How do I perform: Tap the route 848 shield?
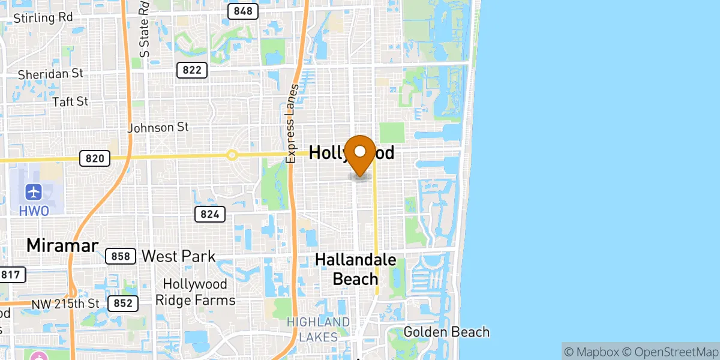coord(243,11)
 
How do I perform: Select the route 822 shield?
coord(192,70)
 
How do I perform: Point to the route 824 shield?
coord(210,214)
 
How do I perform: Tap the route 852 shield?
coord(123,304)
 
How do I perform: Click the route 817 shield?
coord(12,275)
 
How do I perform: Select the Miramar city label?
coord(62,245)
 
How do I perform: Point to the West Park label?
coord(178,257)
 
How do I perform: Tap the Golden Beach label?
coord(446,332)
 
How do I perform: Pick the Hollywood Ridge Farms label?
coord(195,292)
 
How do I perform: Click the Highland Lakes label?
coord(318,329)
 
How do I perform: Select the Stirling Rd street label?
coord(43,17)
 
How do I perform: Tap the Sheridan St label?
coord(50,74)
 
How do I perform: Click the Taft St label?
coord(70,102)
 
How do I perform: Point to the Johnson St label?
coord(158,127)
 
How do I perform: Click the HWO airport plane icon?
coord(34,193)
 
